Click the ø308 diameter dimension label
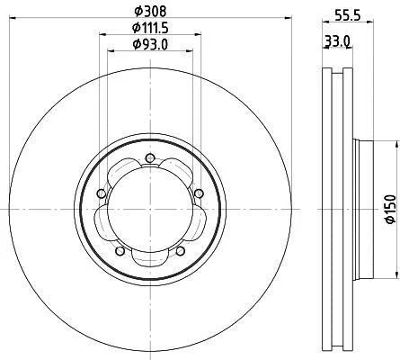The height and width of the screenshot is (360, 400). coord(150,12)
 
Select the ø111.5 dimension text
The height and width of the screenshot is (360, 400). coord(150,28)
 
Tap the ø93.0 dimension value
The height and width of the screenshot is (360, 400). coord(150,45)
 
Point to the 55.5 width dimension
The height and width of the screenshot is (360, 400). coord(347,15)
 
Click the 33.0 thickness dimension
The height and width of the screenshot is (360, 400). coord(337,40)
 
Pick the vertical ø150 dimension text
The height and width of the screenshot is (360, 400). coord(390,209)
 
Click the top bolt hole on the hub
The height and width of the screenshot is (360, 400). coord(149,157)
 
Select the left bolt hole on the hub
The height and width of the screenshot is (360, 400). coord(102,193)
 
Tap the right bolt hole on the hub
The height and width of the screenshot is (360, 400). coord(199,193)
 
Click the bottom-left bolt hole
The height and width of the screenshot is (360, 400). coord(120,251)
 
